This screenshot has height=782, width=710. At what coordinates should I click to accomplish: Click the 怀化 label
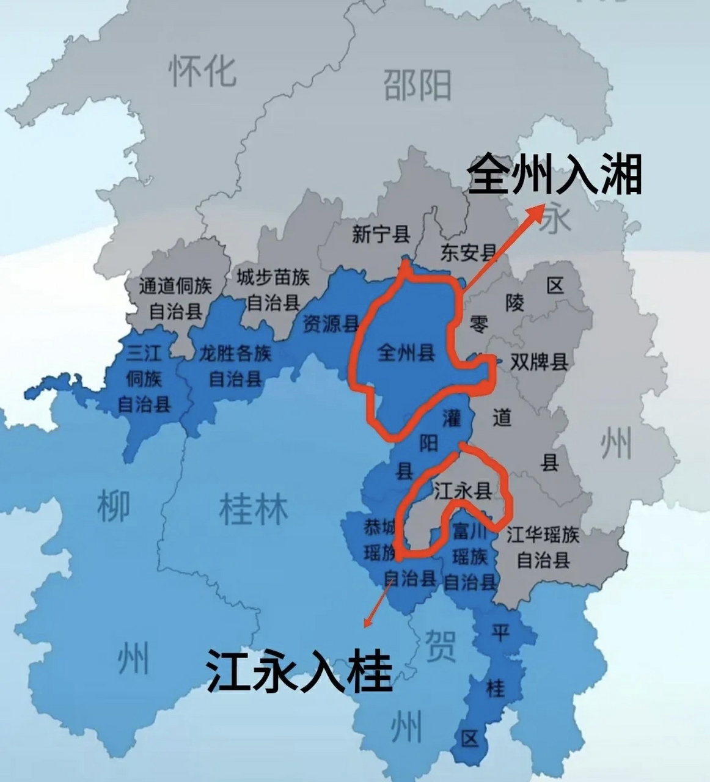click(202, 70)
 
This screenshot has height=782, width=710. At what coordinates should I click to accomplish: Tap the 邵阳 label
click(417, 85)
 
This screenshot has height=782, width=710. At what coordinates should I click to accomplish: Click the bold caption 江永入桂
click(299, 671)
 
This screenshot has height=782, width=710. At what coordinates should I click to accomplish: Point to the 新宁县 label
click(381, 234)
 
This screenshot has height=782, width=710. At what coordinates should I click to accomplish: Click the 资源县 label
click(331, 324)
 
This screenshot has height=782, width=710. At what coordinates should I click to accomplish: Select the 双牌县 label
click(539, 362)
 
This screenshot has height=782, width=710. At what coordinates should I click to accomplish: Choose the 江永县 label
click(463, 490)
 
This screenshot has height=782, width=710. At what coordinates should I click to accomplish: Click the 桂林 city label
click(253, 510)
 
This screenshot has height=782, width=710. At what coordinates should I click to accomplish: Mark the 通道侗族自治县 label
click(175, 299)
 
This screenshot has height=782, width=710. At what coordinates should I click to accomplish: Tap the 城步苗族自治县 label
click(273, 289)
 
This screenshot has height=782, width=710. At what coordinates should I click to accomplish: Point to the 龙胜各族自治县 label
click(235, 366)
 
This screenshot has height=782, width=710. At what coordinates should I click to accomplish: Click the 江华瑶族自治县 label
click(543, 547)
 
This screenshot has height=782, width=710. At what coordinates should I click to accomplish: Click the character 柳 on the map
click(114, 506)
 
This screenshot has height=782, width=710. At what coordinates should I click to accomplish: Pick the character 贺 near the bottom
click(441, 646)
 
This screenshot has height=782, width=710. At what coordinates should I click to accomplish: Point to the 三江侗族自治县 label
click(144, 379)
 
